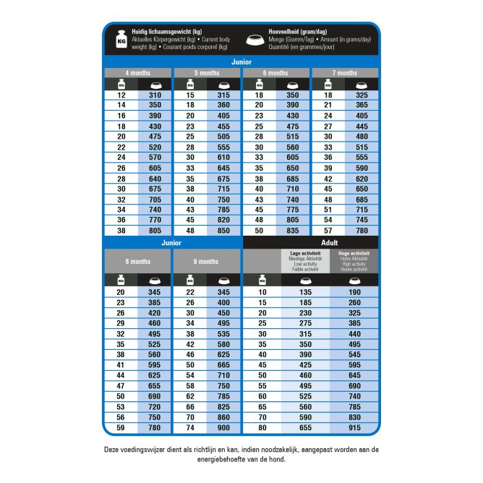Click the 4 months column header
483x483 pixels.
(x=137, y=73)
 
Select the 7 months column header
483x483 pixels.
(x=344, y=73)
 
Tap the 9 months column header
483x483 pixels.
(x=206, y=261)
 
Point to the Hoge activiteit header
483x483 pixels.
(x=354, y=260)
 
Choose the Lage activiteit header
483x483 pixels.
(x=305, y=260)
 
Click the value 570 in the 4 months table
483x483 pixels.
(x=154, y=157)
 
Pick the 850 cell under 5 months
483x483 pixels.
(x=223, y=231)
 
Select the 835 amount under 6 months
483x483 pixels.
(x=292, y=231)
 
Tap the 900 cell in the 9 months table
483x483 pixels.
(x=223, y=428)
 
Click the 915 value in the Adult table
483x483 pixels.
(x=354, y=428)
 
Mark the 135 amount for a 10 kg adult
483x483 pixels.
(x=305, y=292)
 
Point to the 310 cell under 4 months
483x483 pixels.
(x=154, y=95)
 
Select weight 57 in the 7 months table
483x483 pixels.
(x=328, y=231)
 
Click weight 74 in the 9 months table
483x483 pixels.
(x=190, y=428)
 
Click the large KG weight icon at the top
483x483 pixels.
(x=121, y=40)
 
